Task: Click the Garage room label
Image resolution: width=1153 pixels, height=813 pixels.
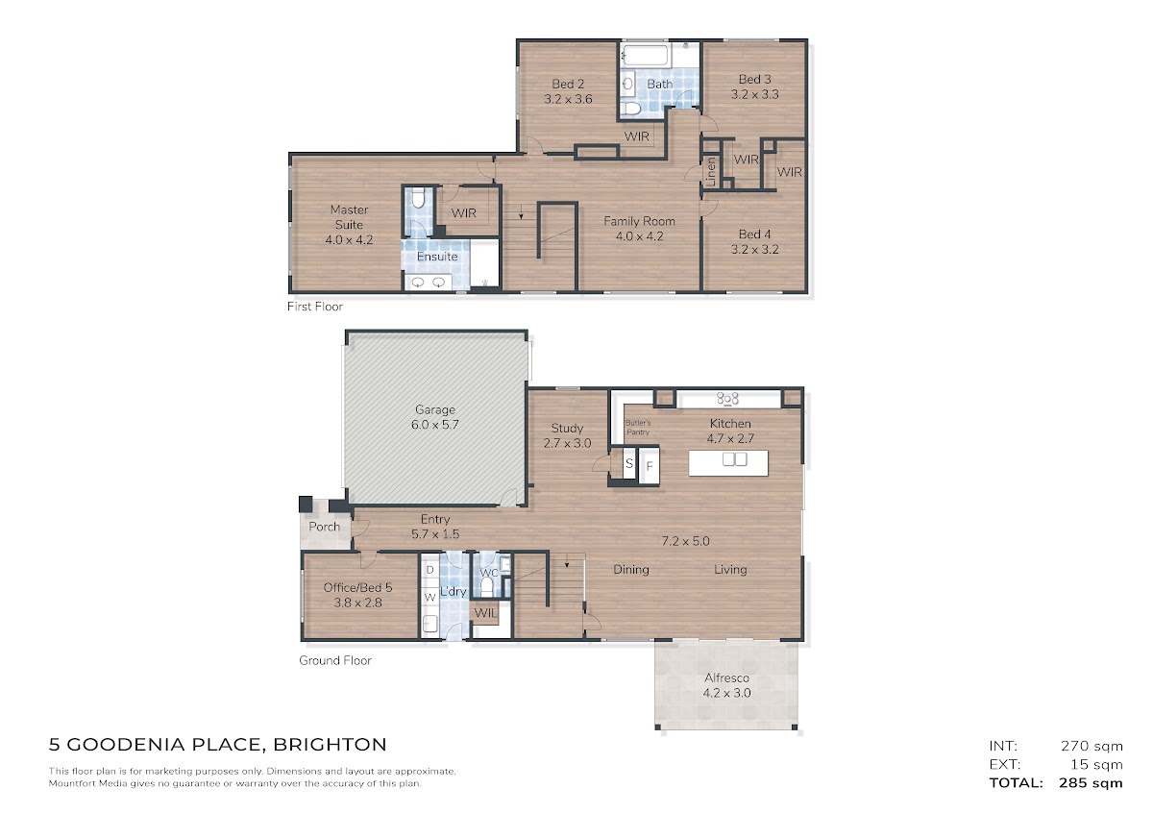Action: [435, 409]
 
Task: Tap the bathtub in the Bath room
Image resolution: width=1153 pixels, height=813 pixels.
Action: [646, 56]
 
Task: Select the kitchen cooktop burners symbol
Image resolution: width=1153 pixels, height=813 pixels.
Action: [727, 398]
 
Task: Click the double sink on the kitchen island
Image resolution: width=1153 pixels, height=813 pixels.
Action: [734, 458]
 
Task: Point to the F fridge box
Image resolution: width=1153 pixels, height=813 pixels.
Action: [650, 466]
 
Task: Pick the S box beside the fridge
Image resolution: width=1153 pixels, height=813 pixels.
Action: [628, 463]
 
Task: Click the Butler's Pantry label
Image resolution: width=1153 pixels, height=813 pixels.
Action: [638, 428]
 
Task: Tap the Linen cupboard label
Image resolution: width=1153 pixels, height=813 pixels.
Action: [711, 171]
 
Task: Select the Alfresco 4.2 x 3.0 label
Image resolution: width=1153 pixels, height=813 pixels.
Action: [726, 685]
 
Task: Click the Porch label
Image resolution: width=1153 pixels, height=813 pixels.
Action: [325, 527]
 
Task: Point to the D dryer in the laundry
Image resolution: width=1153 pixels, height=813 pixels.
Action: [430, 570]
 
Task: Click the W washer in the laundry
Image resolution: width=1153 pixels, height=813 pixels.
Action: [429, 598]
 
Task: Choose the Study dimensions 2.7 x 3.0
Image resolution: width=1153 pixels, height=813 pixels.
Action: [567, 443]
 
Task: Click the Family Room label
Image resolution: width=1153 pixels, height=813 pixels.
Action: [639, 221]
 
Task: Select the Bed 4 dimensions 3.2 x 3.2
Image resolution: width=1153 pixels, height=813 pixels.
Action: [754, 250]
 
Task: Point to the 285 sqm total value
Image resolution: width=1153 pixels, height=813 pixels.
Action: [1091, 783]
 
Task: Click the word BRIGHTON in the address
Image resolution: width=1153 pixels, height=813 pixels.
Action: [330, 745]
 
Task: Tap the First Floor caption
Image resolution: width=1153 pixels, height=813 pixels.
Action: [314, 307]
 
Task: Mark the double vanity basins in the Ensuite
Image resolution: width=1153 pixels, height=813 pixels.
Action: [428, 283]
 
